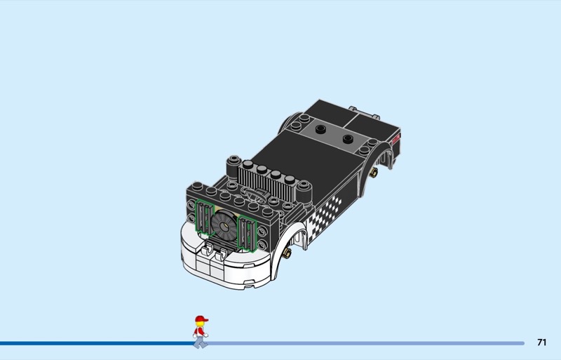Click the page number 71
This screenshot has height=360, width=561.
tap(541, 342)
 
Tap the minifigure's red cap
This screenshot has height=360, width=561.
tap(201, 319)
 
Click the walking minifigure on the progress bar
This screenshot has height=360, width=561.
tap(201, 332)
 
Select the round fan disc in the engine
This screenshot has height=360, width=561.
tap(224, 225)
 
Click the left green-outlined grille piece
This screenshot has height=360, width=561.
tap(204, 217)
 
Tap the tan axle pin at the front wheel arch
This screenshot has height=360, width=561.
tap(287, 253)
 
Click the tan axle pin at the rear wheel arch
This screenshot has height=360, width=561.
tap(374, 173)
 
